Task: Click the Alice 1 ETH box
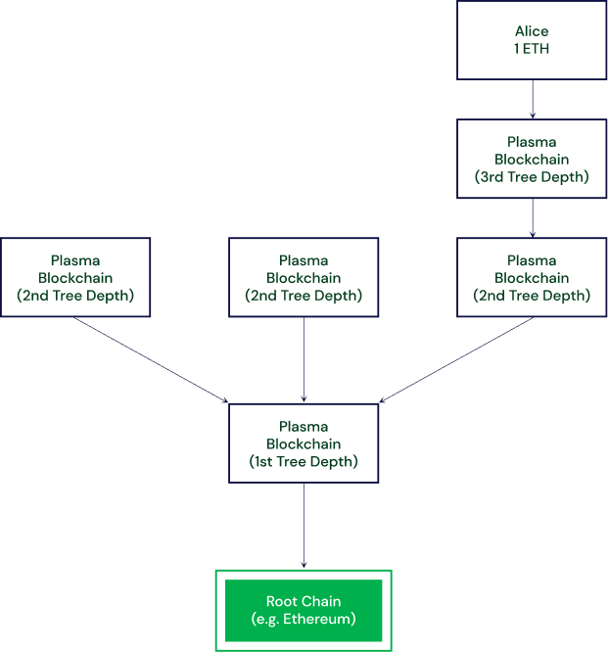[x=532, y=39]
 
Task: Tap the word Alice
[x=532, y=30]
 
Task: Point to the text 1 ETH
[x=532, y=48]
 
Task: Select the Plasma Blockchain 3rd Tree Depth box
[x=532, y=159]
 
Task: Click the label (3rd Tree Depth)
[x=532, y=177]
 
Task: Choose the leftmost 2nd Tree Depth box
[x=75, y=277]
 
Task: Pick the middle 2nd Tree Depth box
[x=304, y=277]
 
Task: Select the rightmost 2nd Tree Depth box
[x=532, y=277]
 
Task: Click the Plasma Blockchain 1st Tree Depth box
[x=304, y=443]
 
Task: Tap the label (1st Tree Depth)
[x=304, y=462]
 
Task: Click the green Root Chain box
[x=304, y=610]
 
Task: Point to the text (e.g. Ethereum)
[x=304, y=620]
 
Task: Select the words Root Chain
[x=304, y=601]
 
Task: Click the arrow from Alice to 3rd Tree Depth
[x=532, y=99]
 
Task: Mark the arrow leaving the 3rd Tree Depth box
[x=532, y=217]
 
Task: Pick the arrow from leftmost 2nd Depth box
[x=152, y=359]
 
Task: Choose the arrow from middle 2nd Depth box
[x=304, y=359]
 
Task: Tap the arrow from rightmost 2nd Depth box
[x=455, y=359]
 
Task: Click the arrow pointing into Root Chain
[x=304, y=526]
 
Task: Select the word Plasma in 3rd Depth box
[x=532, y=142]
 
